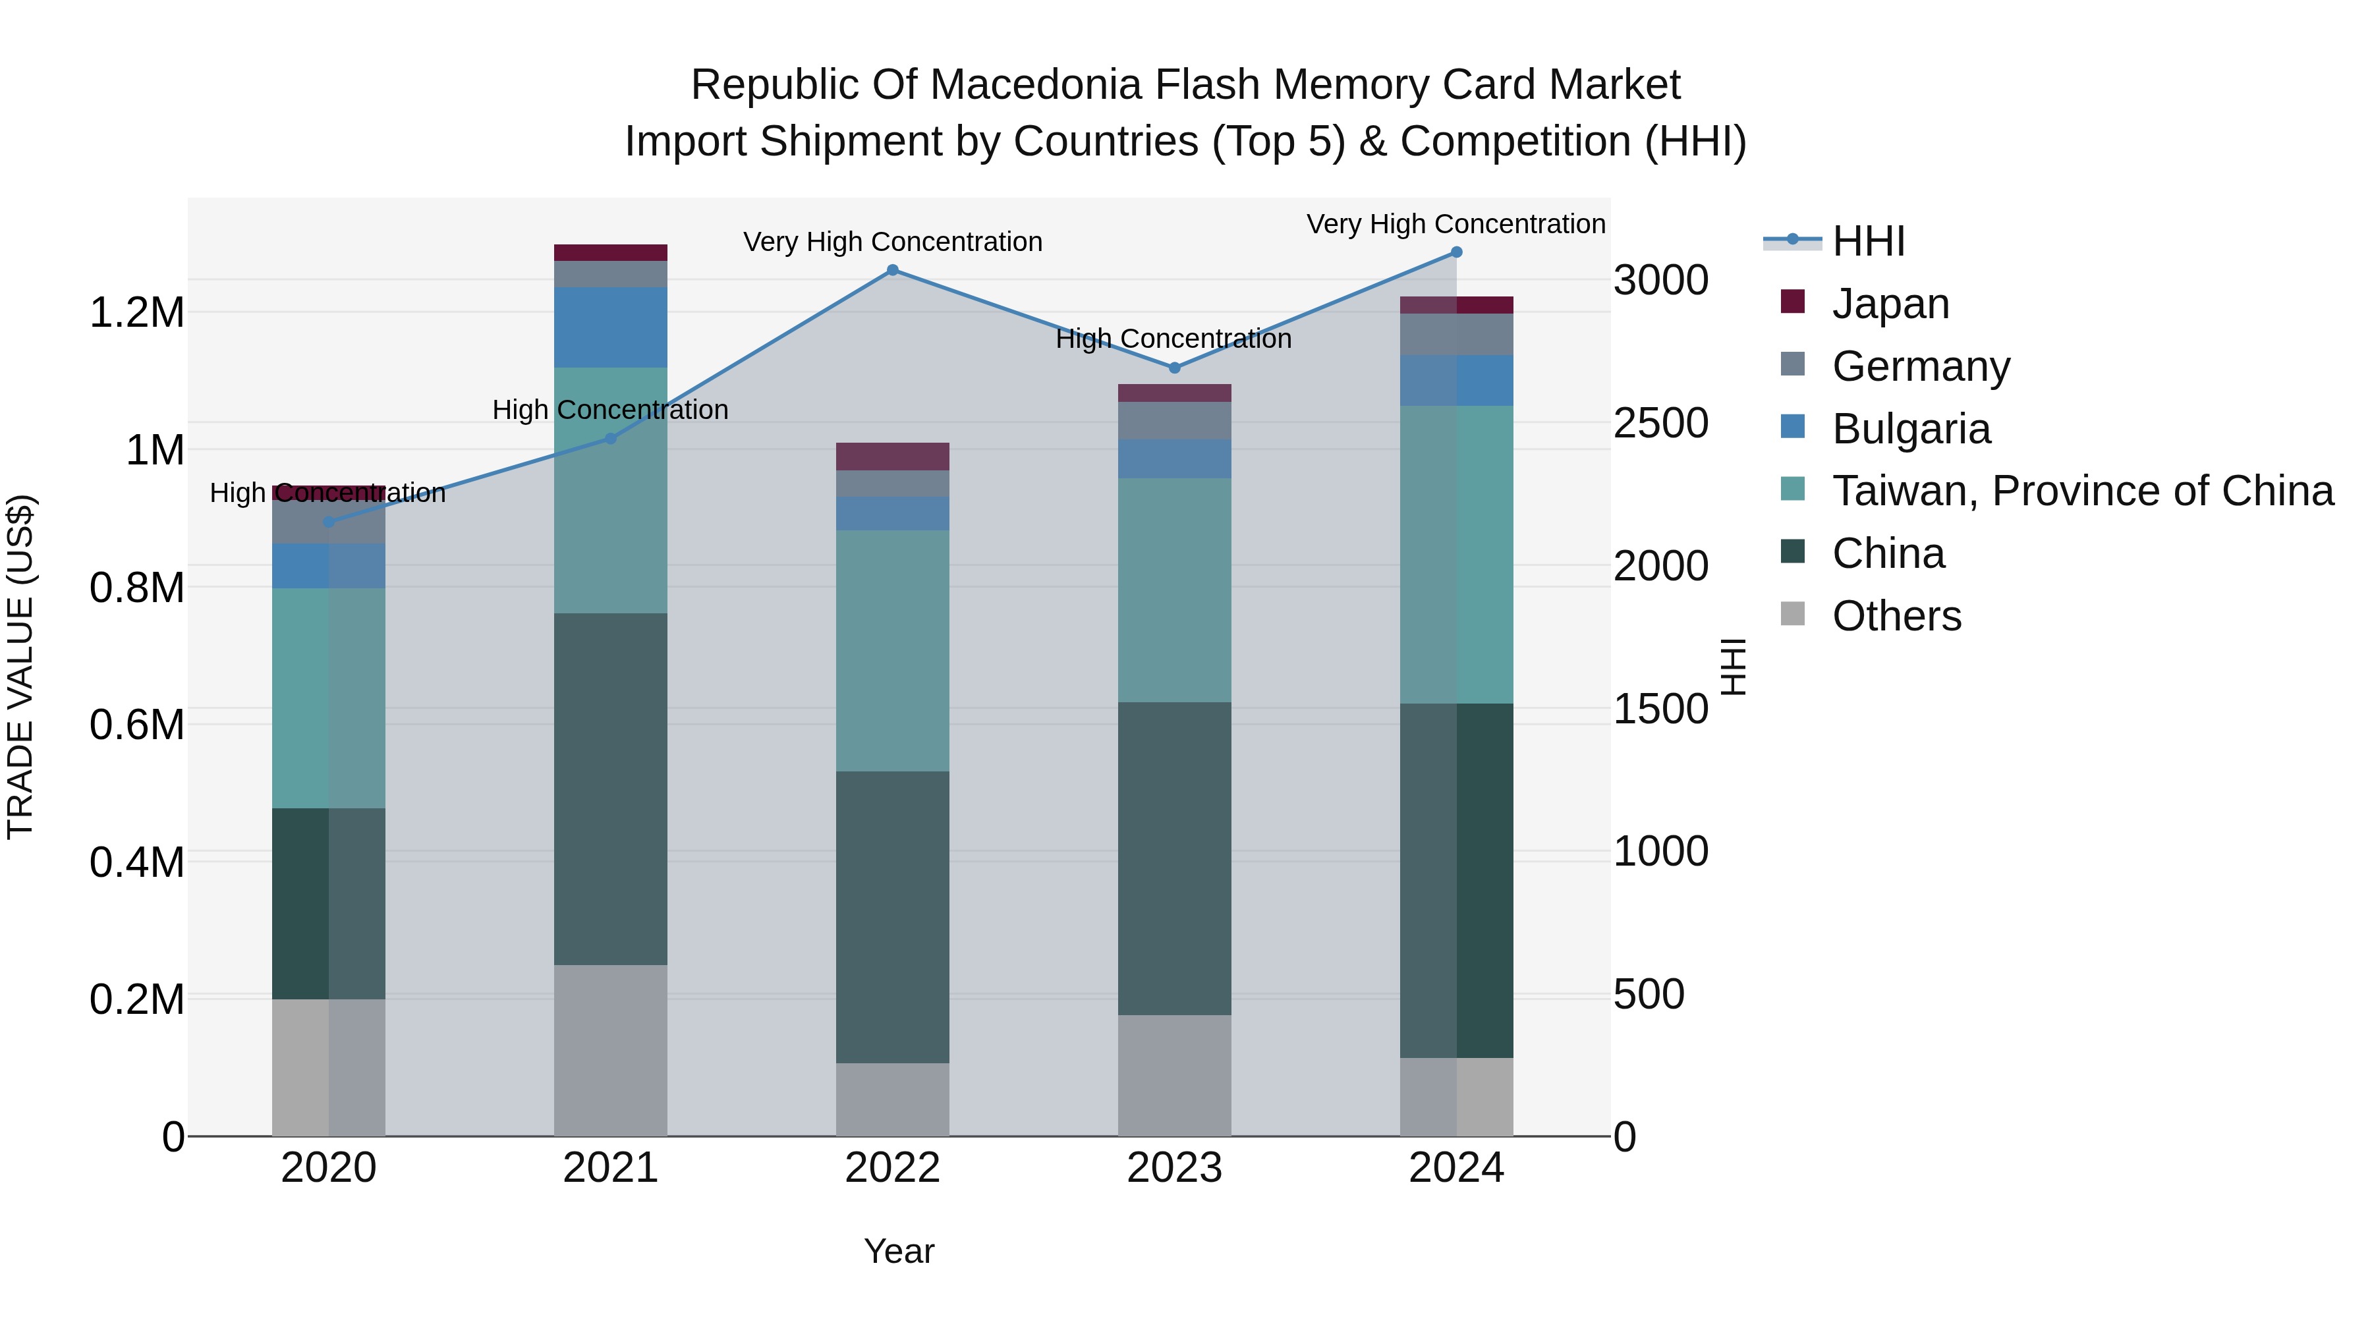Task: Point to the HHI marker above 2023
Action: (x=1174, y=368)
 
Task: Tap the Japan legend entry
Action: (x=1890, y=304)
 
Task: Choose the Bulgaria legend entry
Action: (x=1911, y=429)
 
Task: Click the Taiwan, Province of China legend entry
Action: (x=2082, y=491)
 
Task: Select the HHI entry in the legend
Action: (x=1869, y=241)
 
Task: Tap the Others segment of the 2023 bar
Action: (x=1174, y=1074)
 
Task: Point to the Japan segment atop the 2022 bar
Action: (x=892, y=457)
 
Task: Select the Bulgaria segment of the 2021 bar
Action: (x=611, y=328)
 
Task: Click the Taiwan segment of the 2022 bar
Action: (x=892, y=650)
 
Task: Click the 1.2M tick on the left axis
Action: (x=136, y=313)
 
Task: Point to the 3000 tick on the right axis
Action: (x=1660, y=280)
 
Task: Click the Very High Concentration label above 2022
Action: (x=892, y=242)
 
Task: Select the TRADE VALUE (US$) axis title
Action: (x=20, y=667)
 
